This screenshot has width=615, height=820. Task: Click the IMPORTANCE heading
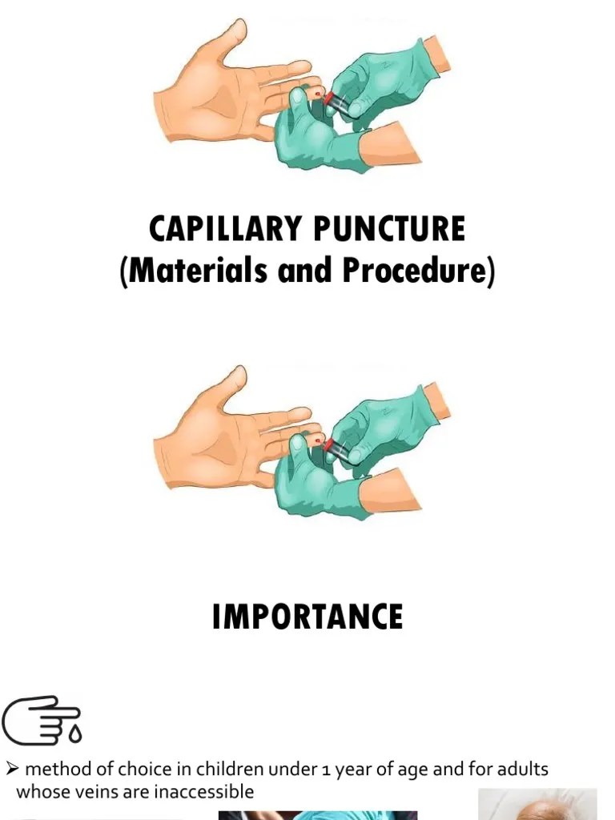pyautogui.click(x=307, y=617)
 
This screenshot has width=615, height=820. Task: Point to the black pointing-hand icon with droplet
pyautogui.click(x=40, y=718)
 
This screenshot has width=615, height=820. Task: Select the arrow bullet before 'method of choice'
pyautogui.click(x=12, y=770)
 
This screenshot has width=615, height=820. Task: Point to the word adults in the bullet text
pyautogui.click(x=524, y=770)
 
